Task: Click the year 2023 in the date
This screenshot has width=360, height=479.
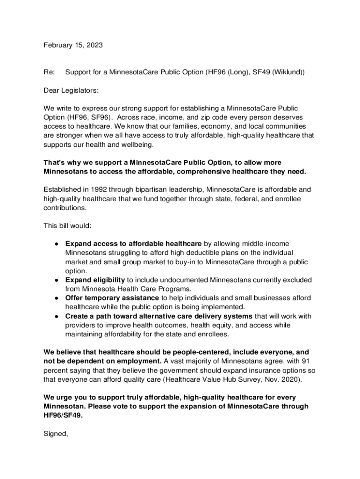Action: (x=94, y=45)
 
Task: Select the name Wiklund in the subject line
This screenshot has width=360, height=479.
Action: (x=288, y=73)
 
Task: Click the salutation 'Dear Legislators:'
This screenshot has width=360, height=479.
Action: (x=71, y=90)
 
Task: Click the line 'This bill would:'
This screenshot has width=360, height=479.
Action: (x=67, y=225)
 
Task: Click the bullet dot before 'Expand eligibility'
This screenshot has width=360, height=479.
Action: (x=56, y=280)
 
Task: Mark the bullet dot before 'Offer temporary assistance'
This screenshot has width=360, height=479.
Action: (x=56, y=298)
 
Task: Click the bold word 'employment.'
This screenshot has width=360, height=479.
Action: (x=140, y=361)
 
